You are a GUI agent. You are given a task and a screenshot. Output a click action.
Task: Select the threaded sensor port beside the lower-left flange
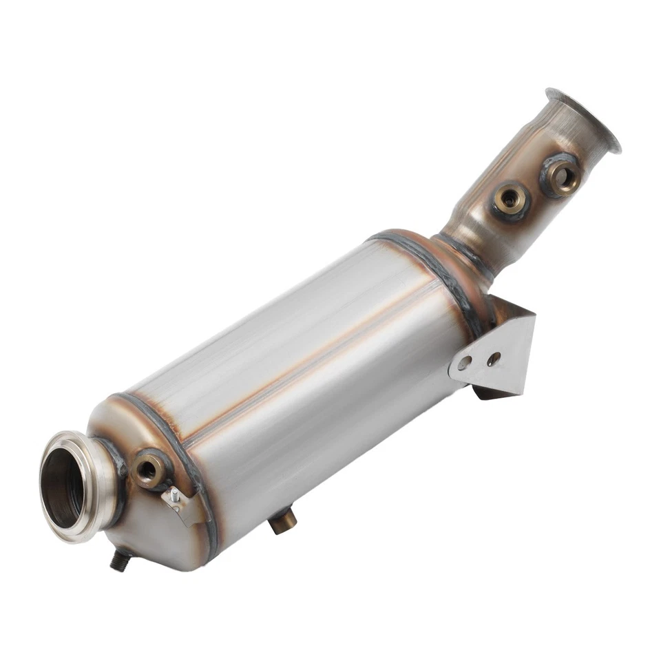click(x=147, y=470)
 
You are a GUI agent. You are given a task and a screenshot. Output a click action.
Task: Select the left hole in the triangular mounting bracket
click(x=466, y=363)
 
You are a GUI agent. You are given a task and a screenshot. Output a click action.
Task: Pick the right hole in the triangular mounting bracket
click(x=493, y=359)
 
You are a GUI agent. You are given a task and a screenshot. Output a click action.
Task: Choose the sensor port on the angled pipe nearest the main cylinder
click(x=510, y=200)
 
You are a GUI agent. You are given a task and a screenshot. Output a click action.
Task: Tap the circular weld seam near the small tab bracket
click(x=186, y=468)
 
